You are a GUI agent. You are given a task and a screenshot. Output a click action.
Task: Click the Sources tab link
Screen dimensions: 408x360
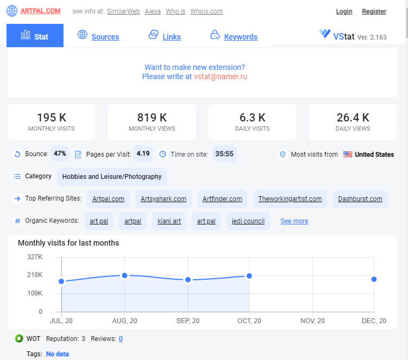[x=105, y=37]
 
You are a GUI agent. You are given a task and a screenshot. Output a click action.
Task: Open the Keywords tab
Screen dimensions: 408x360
[x=241, y=37]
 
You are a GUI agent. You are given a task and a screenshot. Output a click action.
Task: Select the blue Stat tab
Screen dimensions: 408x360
[x=35, y=36]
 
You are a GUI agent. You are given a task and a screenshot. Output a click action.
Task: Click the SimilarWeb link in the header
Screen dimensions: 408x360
[x=123, y=11]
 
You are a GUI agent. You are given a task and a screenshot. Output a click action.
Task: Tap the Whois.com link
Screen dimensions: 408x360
[x=206, y=11]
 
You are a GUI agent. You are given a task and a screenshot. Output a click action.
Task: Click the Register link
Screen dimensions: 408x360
[x=374, y=11]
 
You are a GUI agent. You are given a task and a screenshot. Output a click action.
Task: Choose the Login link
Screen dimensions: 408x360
[x=344, y=11]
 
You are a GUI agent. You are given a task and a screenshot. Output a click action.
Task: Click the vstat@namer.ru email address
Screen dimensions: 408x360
[x=220, y=76]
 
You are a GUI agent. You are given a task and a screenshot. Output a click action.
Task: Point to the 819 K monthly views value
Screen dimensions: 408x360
[x=152, y=118]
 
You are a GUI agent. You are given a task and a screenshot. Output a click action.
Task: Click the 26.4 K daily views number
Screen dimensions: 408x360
[x=353, y=118]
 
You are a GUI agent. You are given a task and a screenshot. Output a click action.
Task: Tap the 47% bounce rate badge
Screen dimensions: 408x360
[x=60, y=153]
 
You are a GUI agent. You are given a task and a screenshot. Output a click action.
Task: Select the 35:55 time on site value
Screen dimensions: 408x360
[x=224, y=153]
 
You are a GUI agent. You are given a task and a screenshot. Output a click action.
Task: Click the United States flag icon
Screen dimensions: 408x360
[x=348, y=154]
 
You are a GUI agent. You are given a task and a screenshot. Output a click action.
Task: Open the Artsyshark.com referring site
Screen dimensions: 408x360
[x=163, y=199]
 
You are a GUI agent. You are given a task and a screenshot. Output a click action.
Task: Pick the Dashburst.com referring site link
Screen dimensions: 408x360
[x=360, y=199]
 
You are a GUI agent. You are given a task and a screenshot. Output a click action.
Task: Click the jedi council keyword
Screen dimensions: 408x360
[x=248, y=221]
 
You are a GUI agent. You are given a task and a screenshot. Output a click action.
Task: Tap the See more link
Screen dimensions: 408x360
[x=294, y=221]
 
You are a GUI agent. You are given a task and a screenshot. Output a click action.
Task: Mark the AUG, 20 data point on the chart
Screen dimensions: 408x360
[x=125, y=275]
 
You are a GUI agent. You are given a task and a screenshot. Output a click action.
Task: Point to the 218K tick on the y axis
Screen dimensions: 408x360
[x=35, y=275]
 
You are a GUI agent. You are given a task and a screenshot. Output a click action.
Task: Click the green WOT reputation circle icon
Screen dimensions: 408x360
[x=19, y=338]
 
